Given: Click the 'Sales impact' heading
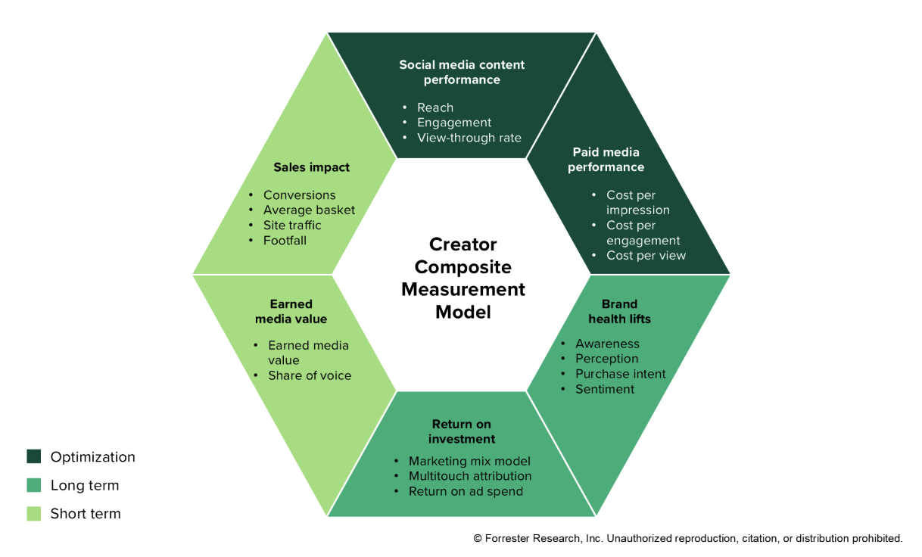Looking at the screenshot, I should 311,167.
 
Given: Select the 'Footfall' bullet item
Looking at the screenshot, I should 285,241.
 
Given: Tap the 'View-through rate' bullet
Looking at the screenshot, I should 469,138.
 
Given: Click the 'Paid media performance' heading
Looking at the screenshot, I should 606,160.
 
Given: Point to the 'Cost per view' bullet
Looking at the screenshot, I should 646,256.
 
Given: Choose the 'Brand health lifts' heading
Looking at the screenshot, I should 619,312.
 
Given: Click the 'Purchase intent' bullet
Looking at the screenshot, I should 620,374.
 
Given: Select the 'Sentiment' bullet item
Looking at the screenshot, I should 604,389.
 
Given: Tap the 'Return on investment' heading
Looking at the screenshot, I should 462,431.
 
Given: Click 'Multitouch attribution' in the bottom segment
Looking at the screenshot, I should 469,476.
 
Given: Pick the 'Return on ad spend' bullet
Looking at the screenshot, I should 466,491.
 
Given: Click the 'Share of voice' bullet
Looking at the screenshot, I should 309,375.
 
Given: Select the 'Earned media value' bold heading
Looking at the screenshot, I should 291,312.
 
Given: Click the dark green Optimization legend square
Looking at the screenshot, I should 34,456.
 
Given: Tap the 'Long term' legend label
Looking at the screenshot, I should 84,486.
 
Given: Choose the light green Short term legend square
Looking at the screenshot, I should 34,514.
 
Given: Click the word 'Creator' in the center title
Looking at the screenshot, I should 463,244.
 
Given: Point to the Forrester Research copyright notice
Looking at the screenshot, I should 687,539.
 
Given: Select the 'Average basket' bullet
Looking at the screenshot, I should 309,210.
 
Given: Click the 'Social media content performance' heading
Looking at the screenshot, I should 462,72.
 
